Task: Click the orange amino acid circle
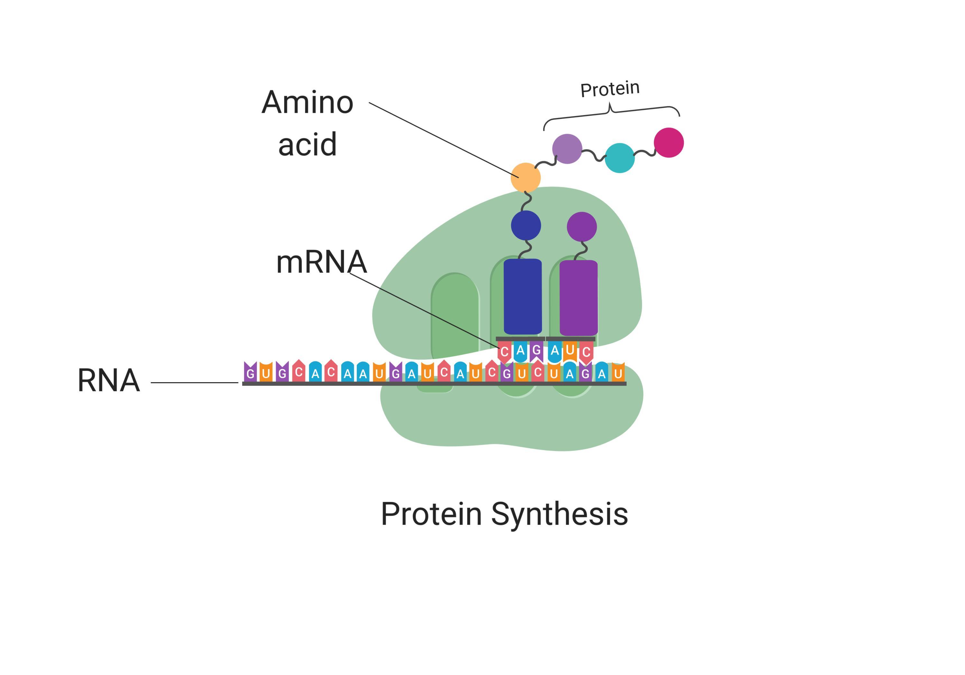(x=525, y=177)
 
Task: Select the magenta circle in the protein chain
(x=669, y=143)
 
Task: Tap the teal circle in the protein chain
(x=620, y=158)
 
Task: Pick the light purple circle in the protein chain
(x=567, y=149)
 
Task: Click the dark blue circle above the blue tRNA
(x=526, y=226)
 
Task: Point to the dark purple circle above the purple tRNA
(x=582, y=227)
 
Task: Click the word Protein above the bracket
(x=610, y=89)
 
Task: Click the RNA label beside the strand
(x=108, y=381)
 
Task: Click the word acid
(x=307, y=144)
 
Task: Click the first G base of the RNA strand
(x=250, y=373)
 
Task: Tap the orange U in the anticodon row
(x=570, y=351)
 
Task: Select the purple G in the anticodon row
(x=536, y=351)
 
